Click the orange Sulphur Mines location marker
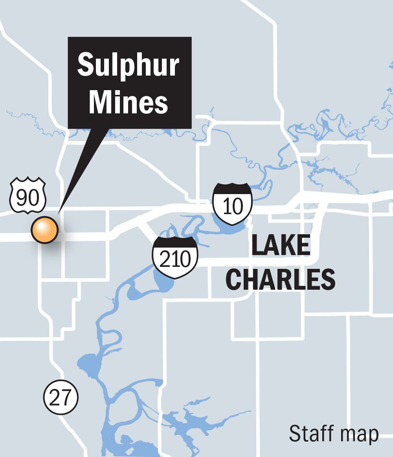tap(45, 230)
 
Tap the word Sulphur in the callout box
tap(129, 65)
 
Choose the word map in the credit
tap(359, 434)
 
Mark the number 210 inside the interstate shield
tap(175, 259)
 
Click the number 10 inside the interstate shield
tap(232, 207)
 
